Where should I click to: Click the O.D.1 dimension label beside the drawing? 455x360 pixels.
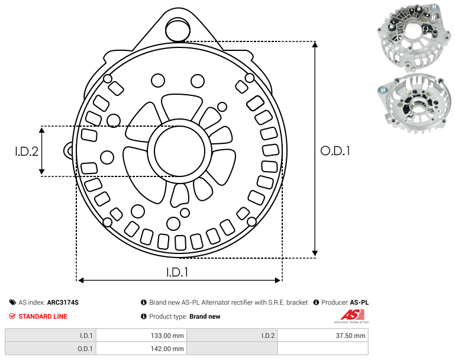[335, 151]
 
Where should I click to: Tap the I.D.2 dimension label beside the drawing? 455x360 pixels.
[27, 152]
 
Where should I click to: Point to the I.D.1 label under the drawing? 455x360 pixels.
[178, 272]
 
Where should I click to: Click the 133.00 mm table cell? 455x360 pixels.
[141, 336]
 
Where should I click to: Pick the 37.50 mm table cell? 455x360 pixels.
[322, 336]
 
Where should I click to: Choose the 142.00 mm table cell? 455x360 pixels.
[141, 348]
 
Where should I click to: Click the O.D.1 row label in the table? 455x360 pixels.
[50, 348]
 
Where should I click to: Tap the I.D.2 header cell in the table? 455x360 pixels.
[232, 336]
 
